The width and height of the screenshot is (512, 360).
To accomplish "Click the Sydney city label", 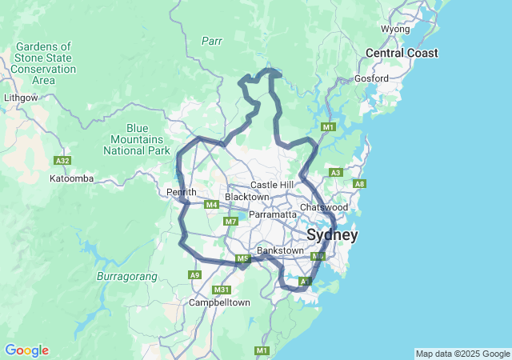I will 332,235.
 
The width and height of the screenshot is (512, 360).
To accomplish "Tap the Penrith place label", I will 181,192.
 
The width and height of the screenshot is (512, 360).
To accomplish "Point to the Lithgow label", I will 21,97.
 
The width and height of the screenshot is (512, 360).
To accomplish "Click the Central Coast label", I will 402,53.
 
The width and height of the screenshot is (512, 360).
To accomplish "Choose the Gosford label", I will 373,78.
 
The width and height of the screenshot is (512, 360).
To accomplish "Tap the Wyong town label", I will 395,29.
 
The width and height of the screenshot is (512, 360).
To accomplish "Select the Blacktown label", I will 246,197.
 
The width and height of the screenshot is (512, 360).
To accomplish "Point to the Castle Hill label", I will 272,185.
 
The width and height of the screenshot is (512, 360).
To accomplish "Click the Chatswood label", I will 324,207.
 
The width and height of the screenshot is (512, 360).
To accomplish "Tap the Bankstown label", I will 280,250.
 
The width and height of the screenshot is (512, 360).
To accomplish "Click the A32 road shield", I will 62,160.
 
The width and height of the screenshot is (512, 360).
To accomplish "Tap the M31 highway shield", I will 222,289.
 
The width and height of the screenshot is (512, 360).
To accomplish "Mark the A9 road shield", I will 194,274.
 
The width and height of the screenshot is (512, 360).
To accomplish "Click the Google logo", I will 26,350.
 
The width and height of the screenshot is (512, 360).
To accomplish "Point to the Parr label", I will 211,40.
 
